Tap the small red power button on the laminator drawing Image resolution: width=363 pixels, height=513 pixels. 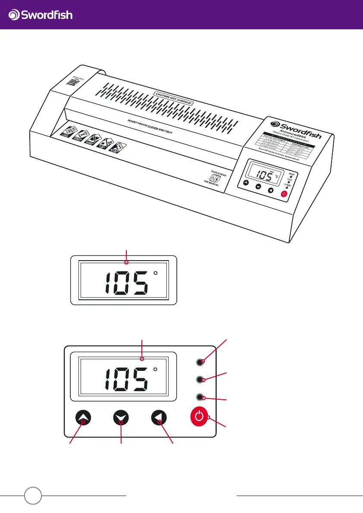pos(284,194)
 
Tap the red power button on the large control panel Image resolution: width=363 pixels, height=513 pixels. pos(198,417)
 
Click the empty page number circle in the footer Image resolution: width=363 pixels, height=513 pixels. pos(33,495)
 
